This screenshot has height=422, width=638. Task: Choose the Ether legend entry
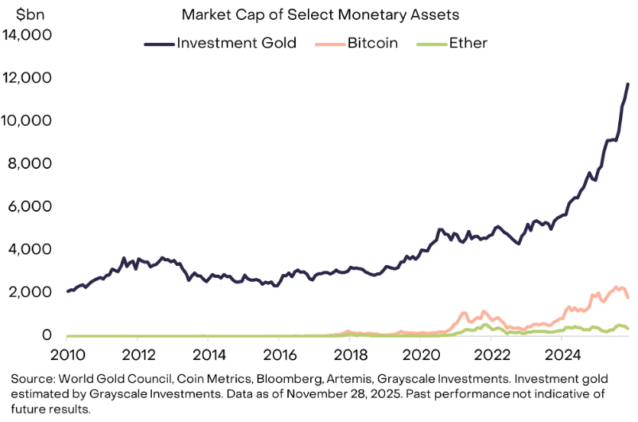[x=466, y=43]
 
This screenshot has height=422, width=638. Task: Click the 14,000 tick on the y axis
[x=28, y=35]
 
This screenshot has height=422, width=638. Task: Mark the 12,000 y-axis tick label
[x=28, y=78]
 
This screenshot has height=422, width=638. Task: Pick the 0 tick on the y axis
[x=49, y=336]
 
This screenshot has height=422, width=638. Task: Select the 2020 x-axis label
[x=422, y=354]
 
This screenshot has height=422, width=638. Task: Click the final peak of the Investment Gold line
[x=628, y=84]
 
